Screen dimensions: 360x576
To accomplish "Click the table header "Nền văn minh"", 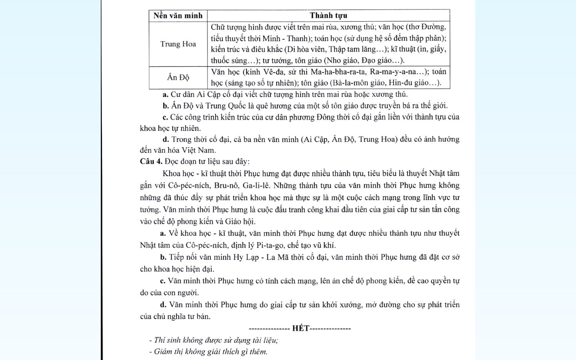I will point(178,16).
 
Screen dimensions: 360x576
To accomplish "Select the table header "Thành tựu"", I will point(328,16).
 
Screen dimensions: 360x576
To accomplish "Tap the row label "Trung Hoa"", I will point(178,44).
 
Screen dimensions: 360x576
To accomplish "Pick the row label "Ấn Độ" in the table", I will point(178,78).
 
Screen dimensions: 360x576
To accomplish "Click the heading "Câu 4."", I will point(151,162).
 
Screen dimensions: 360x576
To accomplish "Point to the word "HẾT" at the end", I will point(301,328).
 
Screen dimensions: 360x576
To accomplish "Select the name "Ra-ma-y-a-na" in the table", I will point(394,72).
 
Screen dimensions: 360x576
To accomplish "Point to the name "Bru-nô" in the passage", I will point(226,186).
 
